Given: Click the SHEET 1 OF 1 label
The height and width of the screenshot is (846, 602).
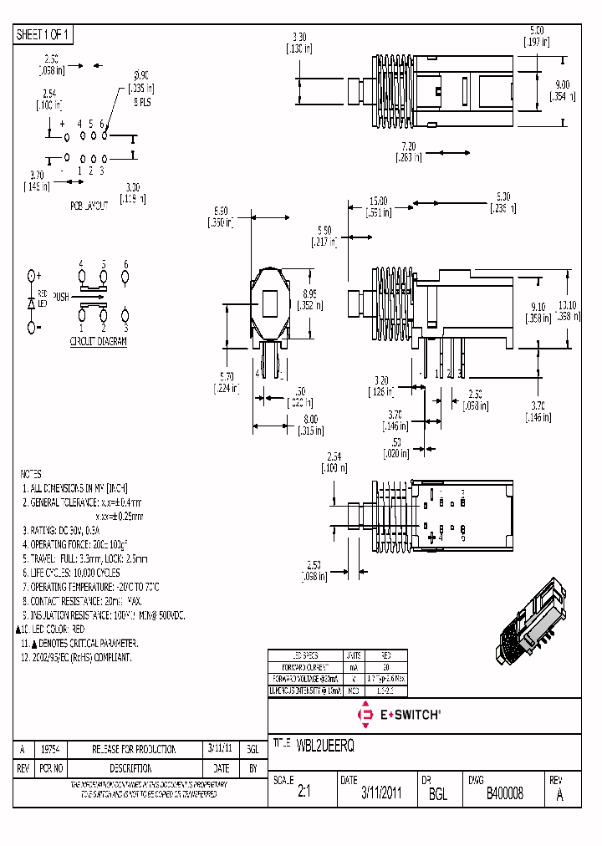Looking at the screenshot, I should pyautogui.click(x=44, y=34).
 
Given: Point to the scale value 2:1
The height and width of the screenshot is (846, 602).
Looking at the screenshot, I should pyautogui.click(x=304, y=793).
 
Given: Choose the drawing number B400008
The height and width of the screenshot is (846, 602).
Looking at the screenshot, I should pyautogui.click(x=504, y=793).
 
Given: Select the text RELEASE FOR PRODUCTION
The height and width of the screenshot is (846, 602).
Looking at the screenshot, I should pyautogui.click(x=134, y=749).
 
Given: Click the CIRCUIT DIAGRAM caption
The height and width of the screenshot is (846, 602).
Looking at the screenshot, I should pyautogui.click(x=98, y=342).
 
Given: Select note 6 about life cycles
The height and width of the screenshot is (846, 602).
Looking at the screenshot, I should pyautogui.click(x=71, y=573).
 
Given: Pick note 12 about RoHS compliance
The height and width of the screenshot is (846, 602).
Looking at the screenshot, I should pyautogui.click(x=77, y=658).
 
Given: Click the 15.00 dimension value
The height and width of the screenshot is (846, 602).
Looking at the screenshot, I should pyautogui.click(x=379, y=201).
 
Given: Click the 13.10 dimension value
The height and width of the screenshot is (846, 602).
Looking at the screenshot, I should pyautogui.click(x=567, y=306).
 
